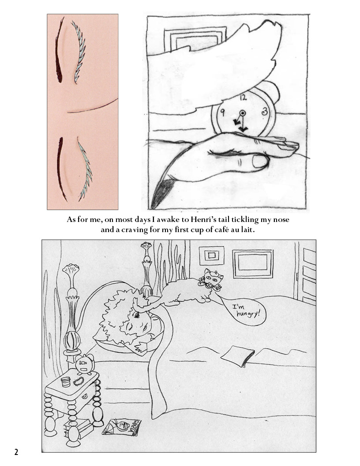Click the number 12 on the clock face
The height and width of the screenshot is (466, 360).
coord(243,97)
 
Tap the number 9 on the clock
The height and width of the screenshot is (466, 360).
coord(222,113)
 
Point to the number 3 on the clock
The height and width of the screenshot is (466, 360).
coord(264,112)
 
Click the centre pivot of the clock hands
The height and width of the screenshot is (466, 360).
coord(242,113)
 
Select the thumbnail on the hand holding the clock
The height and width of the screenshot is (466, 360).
coord(260,162)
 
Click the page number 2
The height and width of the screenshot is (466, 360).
coord(16,452)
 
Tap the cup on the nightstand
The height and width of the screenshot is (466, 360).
coord(65,382)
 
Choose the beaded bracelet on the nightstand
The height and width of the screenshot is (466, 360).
coord(79,381)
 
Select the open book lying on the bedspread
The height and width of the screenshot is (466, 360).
coord(238,356)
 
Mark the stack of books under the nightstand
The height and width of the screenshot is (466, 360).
coord(78,427)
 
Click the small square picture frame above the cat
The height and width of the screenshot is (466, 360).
coord(211,256)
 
